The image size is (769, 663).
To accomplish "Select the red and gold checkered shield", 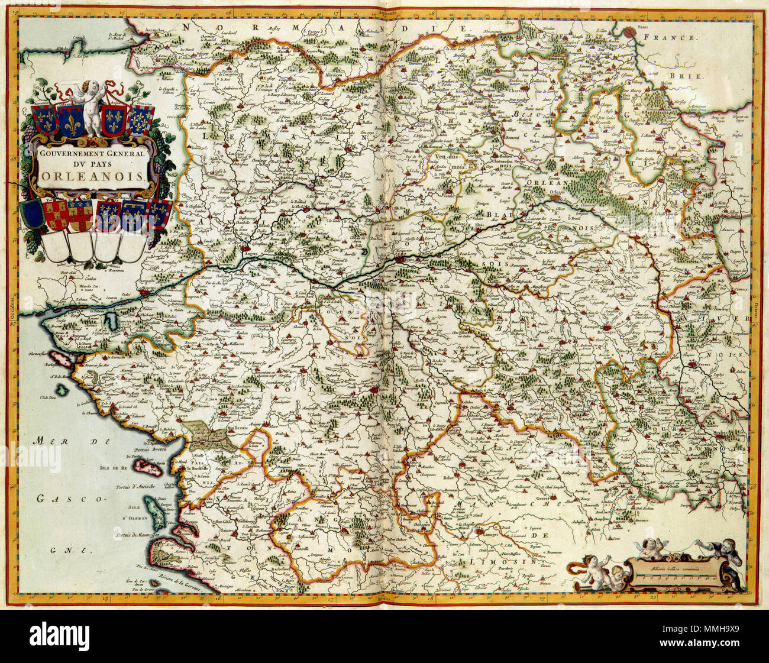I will (56, 215).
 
